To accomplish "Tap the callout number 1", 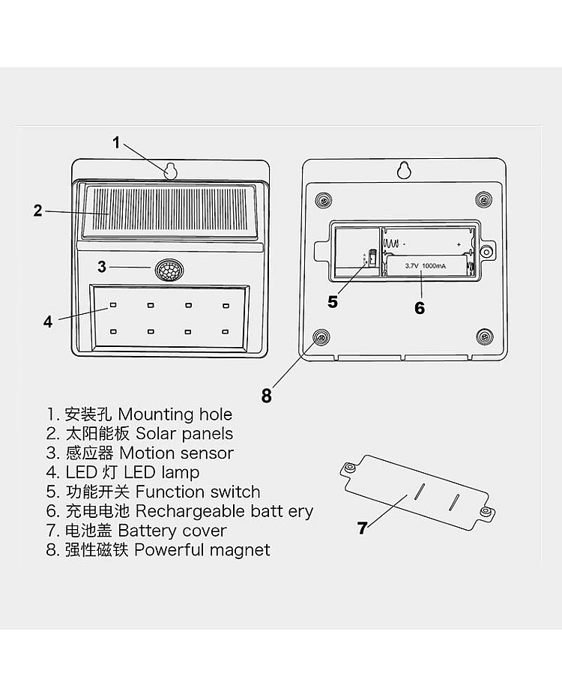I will coord(116,142).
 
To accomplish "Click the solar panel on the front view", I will coord(170,211).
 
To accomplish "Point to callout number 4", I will coord(48,322).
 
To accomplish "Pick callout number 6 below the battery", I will coord(420,308).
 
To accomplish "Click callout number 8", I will coord(266,396).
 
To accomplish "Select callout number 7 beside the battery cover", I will coord(363,528).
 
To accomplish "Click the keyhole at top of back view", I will coord(404,170).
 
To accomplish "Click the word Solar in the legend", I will coord(154,434).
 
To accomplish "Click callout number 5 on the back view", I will coord(333,302).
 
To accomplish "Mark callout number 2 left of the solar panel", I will coord(38,211).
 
